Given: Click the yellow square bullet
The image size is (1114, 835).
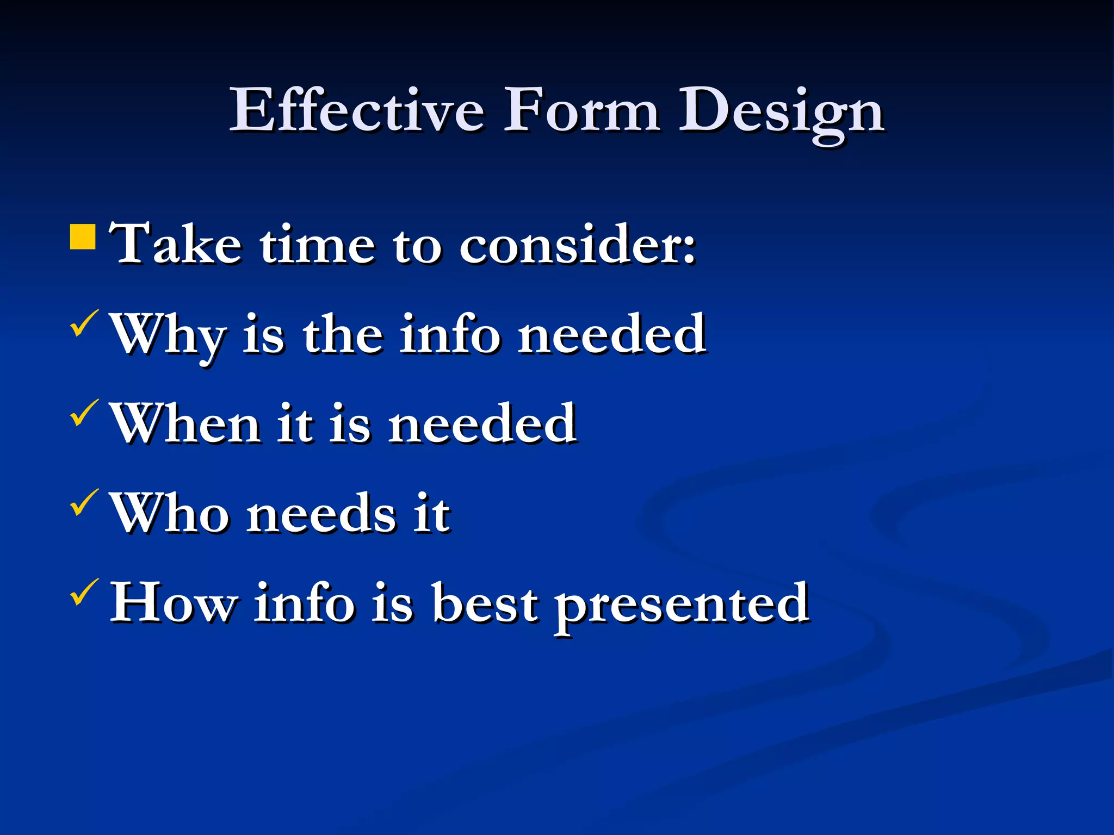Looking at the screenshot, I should click(x=83, y=236).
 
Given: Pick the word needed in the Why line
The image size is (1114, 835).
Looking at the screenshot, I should click(x=611, y=334).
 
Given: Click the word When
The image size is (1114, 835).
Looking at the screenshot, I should click(x=185, y=424).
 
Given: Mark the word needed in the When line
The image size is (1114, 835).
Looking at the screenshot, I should click(x=482, y=424).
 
